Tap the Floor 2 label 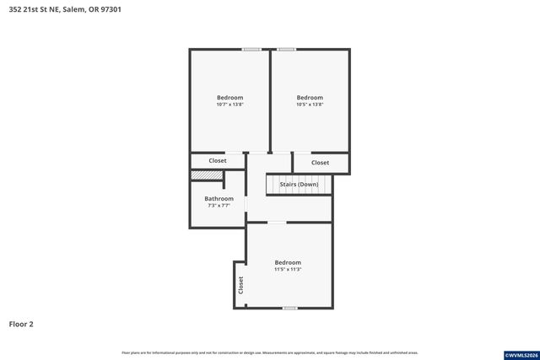21,324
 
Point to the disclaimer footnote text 269,352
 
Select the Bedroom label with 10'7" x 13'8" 229,98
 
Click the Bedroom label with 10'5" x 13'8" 310,98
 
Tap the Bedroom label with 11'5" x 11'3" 288,262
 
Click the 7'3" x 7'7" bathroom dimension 219,206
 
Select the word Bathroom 219,199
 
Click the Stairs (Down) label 299,184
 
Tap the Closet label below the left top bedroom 218,160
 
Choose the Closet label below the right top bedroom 321,163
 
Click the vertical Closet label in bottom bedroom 240,284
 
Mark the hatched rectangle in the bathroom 206,175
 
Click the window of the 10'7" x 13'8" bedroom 251,49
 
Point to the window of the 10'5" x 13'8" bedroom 287,49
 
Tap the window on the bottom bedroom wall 289,308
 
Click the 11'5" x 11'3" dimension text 288,270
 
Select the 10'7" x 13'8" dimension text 229,105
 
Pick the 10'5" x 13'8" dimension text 310,105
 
